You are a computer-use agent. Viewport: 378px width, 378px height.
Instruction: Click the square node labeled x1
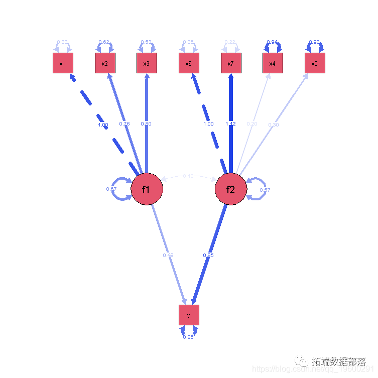(63, 63)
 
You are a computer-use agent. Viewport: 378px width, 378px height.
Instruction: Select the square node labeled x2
(105, 63)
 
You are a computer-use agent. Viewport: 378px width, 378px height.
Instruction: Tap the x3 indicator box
(147, 63)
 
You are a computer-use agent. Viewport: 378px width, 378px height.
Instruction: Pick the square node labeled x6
(189, 63)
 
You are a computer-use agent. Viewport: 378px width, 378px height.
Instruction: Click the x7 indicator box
(231, 63)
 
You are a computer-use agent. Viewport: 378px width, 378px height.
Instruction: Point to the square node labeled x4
(273, 63)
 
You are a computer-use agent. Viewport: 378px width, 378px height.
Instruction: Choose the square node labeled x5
(315, 63)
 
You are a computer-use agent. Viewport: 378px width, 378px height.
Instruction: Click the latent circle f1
(147, 190)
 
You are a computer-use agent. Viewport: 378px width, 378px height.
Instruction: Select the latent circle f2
(231, 190)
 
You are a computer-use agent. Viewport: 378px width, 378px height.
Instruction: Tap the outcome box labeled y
(189, 315)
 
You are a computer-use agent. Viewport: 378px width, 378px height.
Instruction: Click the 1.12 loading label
(230, 123)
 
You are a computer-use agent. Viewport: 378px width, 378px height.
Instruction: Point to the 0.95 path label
(208, 256)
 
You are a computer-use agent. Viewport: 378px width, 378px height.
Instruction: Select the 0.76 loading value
(124, 123)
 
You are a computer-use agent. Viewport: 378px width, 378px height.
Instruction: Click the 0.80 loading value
(146, 123)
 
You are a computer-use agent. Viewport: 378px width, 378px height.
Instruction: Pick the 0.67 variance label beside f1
(111, 189)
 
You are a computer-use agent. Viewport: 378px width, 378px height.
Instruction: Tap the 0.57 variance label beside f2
(266, 190)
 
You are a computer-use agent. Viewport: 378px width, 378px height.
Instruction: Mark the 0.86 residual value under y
(188, 337)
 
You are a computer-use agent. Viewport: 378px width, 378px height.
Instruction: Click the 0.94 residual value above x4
(273, 42)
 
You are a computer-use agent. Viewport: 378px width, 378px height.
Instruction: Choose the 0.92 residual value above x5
(315, 42)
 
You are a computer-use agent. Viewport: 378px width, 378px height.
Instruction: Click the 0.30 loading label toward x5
(274, 124)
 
